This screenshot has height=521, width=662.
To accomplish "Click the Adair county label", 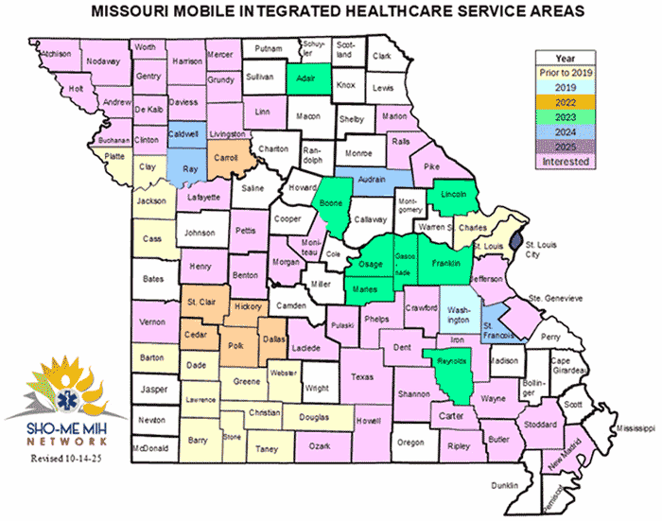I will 305,80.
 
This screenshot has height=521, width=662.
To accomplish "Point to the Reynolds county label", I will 452,361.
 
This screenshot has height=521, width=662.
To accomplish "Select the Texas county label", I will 362,376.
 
